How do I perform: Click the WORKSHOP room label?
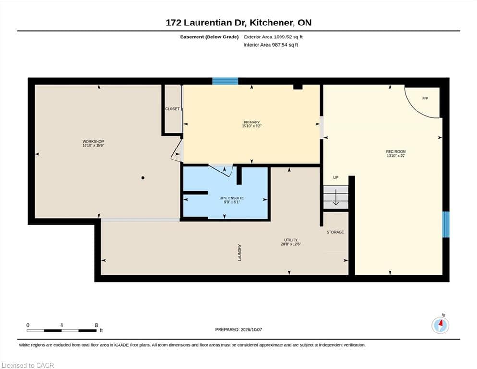pos(93,141)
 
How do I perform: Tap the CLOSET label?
pos(172,109)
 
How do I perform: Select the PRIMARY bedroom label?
pos(252,123)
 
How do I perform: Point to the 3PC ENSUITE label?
pos(232,198)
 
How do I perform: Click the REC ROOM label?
pos(396,151)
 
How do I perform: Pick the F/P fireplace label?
pos(425,98)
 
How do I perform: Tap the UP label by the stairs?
pos(336,177)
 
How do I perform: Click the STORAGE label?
pos(335,232)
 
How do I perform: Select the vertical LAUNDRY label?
pos(240,252)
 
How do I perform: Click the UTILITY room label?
pos(291,240)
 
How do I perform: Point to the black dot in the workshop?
pos(143,178)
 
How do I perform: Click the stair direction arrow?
pos(336,197)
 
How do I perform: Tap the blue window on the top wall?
pos(225,81)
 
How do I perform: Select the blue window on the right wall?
pos(446,224)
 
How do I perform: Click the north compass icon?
pos(440,325)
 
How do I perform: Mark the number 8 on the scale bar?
pos(96,325)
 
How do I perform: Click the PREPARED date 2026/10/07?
pos(251,330)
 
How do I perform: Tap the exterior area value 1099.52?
pos(282,37)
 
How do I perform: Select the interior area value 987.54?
pos(280,45)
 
